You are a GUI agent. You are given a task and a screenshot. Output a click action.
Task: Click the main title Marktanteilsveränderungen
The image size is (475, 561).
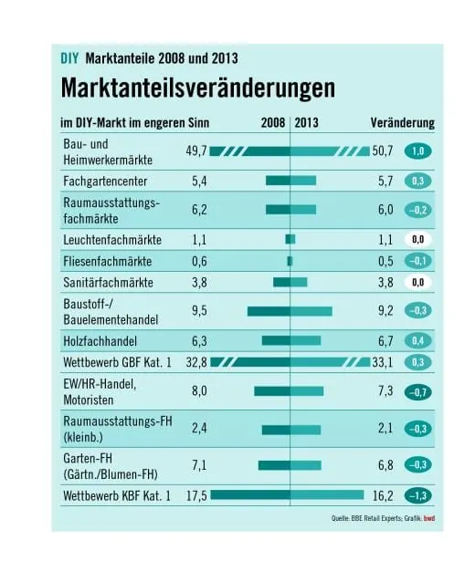197,88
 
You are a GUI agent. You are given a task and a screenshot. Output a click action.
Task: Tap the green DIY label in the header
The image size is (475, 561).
69,57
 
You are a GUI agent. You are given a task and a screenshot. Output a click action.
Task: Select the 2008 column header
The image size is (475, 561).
272,122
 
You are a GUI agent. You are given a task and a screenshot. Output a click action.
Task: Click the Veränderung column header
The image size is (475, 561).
402,122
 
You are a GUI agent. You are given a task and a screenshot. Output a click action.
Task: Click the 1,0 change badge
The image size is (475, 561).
419,151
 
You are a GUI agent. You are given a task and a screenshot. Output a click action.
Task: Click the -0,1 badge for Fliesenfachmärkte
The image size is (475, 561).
419,260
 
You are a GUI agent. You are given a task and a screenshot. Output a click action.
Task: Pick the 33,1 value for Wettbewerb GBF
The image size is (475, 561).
384,362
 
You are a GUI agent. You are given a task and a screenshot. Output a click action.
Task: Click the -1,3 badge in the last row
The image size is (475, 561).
419,495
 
